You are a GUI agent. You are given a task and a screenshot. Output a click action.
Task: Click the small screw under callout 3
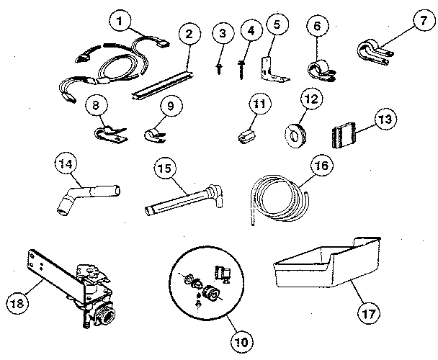point(217,66)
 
